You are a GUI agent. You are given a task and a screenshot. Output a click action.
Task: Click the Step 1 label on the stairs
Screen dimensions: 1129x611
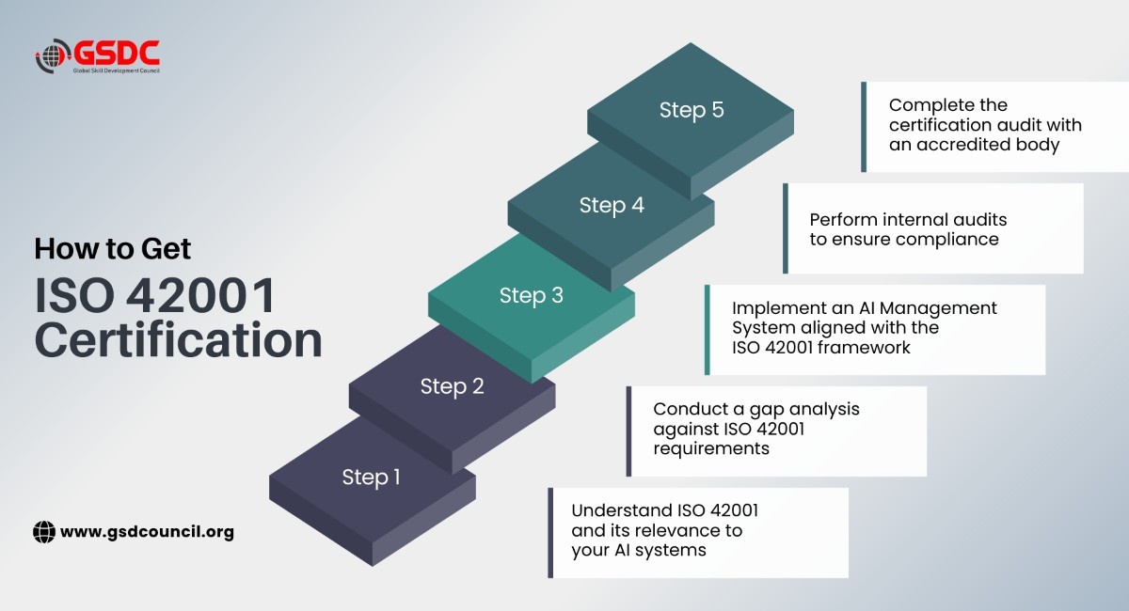click(x=371, y=478)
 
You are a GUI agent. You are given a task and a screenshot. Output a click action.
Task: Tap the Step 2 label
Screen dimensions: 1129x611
click(x=453, y=387)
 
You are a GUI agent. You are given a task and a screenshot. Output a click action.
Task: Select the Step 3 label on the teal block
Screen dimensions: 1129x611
click(x=532, y=296)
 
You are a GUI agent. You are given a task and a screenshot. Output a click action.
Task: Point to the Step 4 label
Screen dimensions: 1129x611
click(x=612, y=206)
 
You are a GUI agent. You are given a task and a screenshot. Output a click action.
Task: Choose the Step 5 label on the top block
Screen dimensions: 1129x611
click(x=692, y=110)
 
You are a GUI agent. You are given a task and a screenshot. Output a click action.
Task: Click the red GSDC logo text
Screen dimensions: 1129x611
click(x=117, y=53)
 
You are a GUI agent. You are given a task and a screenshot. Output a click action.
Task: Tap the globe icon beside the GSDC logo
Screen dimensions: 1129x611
click(x=53, y=55)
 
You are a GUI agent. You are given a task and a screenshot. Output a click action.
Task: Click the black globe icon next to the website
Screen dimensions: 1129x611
click(x=44, y=532)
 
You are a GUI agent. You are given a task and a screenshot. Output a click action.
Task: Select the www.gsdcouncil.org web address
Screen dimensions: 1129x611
click(x=147, y=532)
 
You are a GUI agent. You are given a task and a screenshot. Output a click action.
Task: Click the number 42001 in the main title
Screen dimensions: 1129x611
click(x=200, y=295)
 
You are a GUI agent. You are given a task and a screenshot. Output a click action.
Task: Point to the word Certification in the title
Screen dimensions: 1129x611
click(x=179, y=340)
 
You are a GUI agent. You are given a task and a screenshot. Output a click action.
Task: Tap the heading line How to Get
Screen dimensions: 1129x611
click(x=112, y=248)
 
